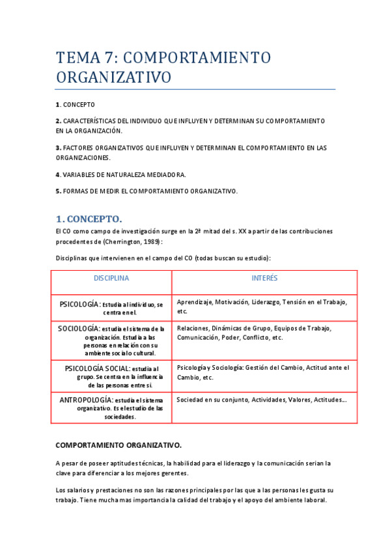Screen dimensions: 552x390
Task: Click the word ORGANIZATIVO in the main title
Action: tap(113, 78)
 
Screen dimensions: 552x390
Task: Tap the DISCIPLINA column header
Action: tap(111, 278)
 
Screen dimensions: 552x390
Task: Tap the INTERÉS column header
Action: tap(264, 278)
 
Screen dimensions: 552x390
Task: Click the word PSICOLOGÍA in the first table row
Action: tap(79, 304)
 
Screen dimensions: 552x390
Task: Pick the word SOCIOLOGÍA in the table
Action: tap(78, 329)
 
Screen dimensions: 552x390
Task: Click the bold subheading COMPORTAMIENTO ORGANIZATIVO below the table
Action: tap(118, 445)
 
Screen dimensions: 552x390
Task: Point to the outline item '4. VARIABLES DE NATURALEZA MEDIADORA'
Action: tap(120, 174)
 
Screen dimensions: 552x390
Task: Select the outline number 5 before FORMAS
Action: tap(58, 191)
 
